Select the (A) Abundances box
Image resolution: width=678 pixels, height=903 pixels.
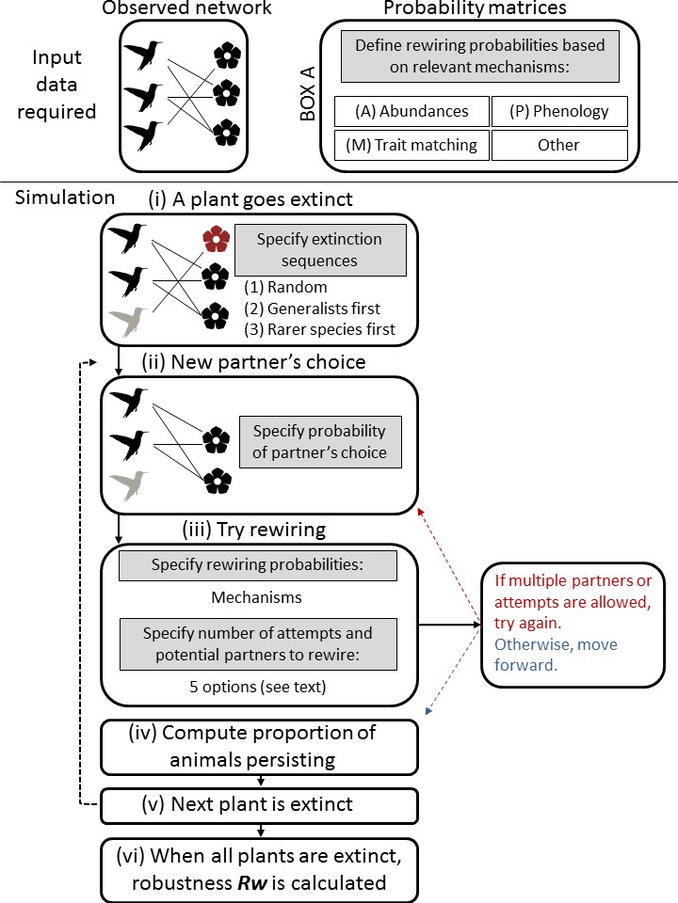pos(412,111)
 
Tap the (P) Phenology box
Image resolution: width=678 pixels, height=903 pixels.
pos(559,111)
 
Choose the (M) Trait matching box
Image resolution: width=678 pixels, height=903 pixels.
pos(412,145)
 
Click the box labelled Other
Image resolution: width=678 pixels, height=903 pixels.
pos(559,145)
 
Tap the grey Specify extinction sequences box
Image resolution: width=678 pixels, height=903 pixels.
pos(319,249)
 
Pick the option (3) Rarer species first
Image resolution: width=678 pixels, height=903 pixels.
pos(320,328)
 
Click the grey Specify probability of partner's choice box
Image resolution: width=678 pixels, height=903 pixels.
pos(319,442)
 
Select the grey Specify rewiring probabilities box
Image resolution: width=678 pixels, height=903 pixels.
pos(257,566)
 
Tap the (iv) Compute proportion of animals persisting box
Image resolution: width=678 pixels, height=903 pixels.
pos(257,746)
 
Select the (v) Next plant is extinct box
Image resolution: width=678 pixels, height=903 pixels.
pos(257,805)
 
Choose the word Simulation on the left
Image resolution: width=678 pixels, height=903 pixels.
pos(64,198)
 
